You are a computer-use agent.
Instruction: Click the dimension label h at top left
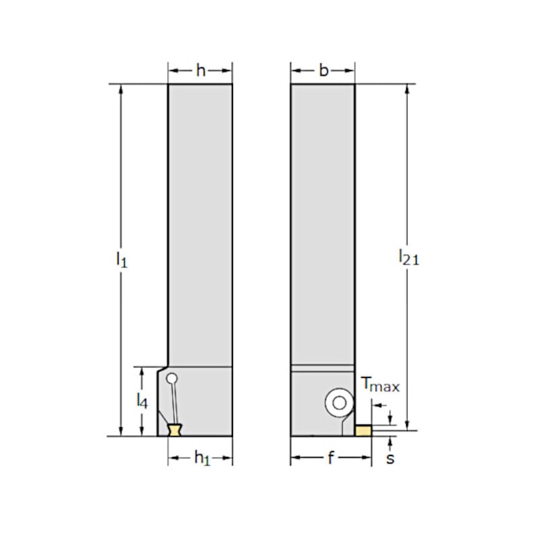pos(200,71)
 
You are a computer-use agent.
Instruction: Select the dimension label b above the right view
pos(323,71)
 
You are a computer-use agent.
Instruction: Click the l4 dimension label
pos(143,400)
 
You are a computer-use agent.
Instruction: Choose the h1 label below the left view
pos(201,459)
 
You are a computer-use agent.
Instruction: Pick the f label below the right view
pos(331,459)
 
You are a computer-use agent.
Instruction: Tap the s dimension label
pos(390,459)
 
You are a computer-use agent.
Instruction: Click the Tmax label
pos(380,385)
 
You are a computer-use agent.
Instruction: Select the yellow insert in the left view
pos(176,430)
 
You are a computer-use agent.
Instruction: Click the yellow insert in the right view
pos(363,430)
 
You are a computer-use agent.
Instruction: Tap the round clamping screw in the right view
pos(339,403)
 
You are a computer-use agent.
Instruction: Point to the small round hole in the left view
pos(171,380)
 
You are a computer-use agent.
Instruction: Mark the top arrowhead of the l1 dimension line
pos(122,88)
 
